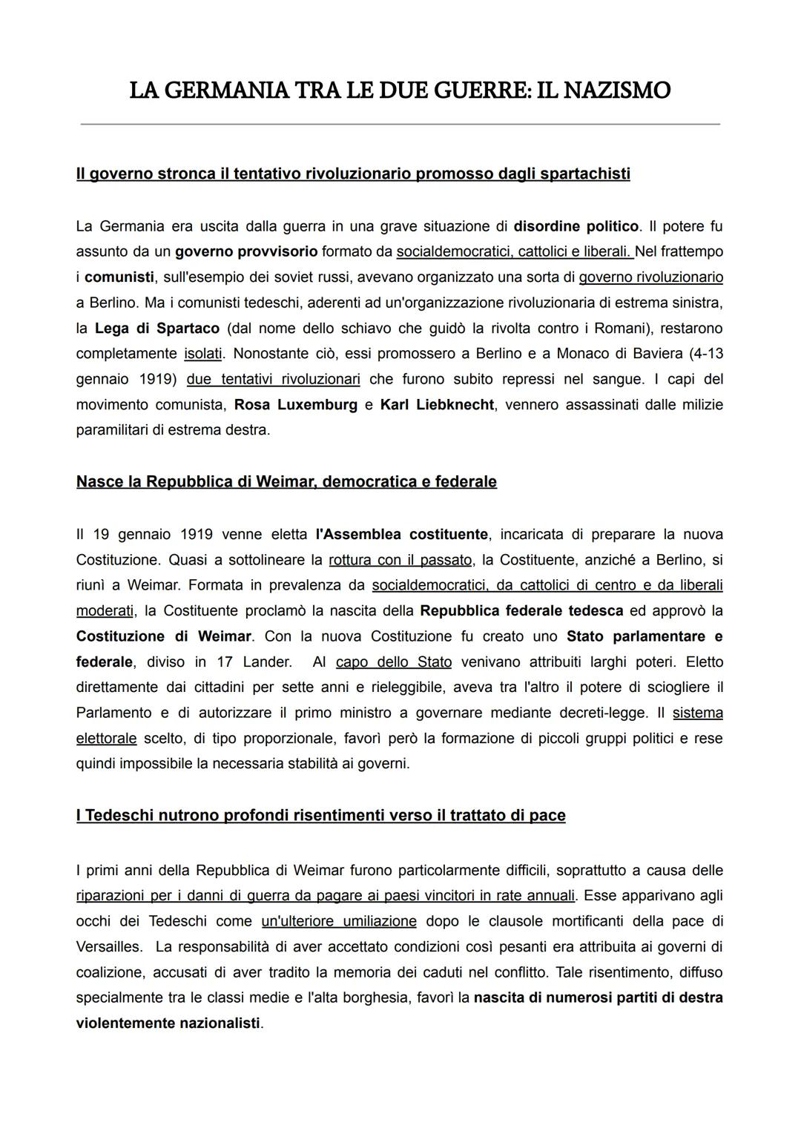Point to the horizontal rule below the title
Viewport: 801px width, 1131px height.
click(x=400, y=124)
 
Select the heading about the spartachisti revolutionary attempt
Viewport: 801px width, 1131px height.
click(x=353, y=174)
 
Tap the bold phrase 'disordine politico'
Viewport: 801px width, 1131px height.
click(x=576, y=225)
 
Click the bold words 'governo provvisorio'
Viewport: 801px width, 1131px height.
click(x=246, y=251)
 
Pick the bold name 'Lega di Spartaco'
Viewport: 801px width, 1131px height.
click(x=157, y=328)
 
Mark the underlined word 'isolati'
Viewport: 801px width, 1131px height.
click(x=203, y=353)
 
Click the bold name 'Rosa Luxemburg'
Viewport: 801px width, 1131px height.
click(x=295, y=404)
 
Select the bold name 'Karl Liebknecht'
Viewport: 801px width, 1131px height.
click(x=437, y=404)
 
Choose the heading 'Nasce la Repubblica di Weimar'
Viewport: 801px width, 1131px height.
click(x=286, y=481)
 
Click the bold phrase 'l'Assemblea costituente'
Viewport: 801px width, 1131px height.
click(x=401, y=534)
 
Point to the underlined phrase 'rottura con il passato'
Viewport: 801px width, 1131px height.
click(x=400, y=559)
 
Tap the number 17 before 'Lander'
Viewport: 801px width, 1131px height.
click(x=225, y=662)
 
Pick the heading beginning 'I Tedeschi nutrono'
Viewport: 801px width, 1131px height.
click(x=320, y=815)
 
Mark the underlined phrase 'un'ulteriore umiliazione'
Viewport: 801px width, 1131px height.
click(x=339, y=921)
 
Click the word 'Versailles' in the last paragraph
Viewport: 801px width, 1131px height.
click(x=108, y=946)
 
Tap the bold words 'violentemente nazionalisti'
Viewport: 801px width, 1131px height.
click(x=168, y=1023)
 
